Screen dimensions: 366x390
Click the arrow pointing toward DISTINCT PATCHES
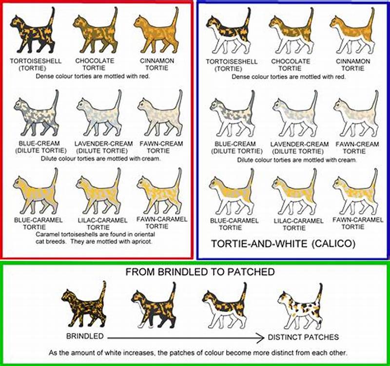tap(185, 337)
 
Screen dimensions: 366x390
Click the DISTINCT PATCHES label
tap(303, 337)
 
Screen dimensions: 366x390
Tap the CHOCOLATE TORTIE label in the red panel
tap(95, 64)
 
